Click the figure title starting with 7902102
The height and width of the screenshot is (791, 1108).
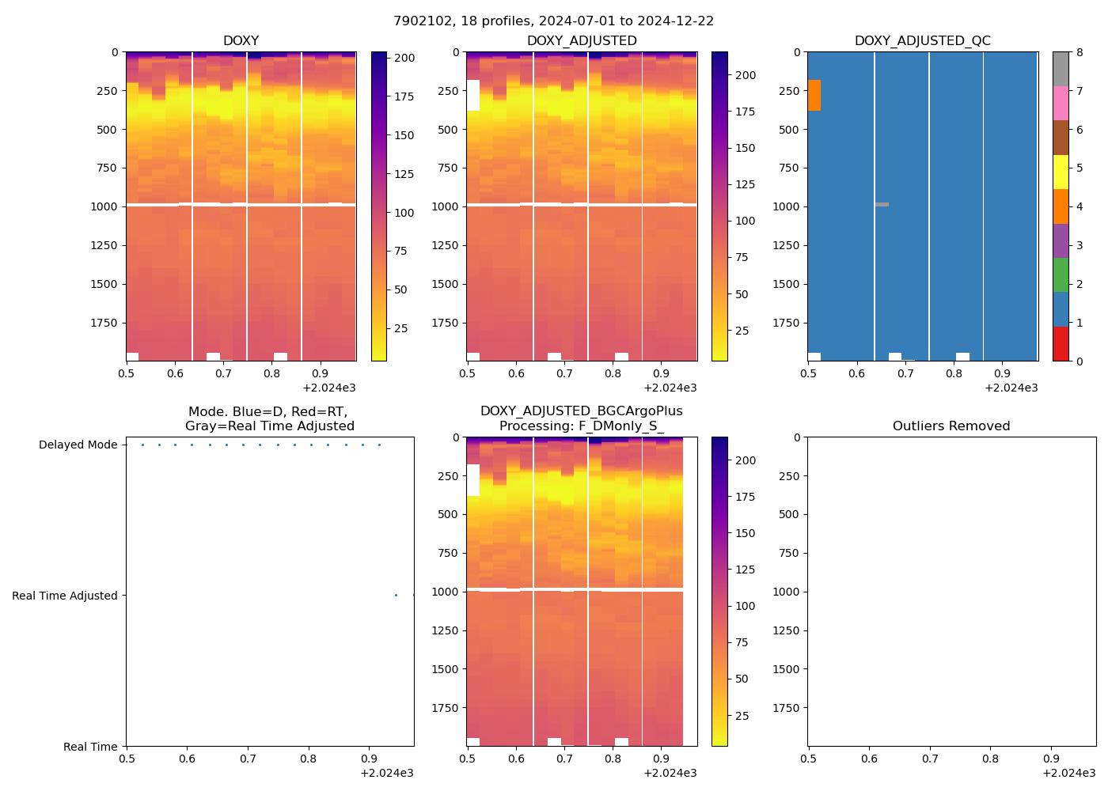click(x=553, y=21)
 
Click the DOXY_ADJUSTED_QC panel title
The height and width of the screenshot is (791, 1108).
click(x=922, y=40)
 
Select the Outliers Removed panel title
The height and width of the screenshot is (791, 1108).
click(x=951, y=426)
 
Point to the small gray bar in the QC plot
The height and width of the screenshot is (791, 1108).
click(x=882, y=205)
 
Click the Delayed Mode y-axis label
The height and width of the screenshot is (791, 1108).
click(x=78, y=445)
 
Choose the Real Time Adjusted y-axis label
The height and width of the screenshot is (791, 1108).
click(x=64, y=596)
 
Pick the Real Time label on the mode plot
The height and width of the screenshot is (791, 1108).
click(x=90, y=747)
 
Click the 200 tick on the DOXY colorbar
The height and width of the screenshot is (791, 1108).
click(x=404, y=58)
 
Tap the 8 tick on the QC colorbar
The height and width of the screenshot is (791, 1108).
click(x=1080, y=52)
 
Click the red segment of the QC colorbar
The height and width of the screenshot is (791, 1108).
click(x=1061, y=344)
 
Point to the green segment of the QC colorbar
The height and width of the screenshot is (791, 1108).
click(x=1061, y=275)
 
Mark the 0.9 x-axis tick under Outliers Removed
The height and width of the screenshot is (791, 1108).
click(x=1051, y=759)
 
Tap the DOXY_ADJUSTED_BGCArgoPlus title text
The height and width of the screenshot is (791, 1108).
click(x=581, y=411)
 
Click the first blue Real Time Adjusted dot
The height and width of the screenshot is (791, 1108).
click(x=396, y=596)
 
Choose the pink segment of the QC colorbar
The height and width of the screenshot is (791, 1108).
click(x=1061, y=104)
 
